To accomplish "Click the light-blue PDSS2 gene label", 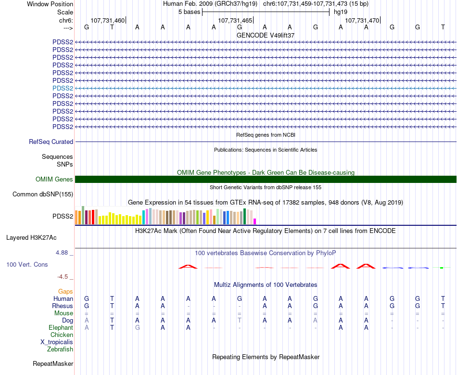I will coord(63,88).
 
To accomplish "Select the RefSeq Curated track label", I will coord(51,142).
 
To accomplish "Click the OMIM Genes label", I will coord(54,180).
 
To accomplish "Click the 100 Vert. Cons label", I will coord(27,265).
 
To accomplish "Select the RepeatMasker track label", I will coord(53,363).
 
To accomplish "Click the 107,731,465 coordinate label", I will coord(235,21).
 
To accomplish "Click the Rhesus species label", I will coord(63,306).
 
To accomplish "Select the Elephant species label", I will coord(61,327).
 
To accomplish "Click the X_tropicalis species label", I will coord(57,342).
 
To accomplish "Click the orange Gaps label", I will coord(65,291).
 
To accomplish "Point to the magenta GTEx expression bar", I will coord(255,221).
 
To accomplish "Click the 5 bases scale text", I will coord(188,12).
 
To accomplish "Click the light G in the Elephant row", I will coord(137,327).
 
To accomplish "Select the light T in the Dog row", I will coord(239,320).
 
